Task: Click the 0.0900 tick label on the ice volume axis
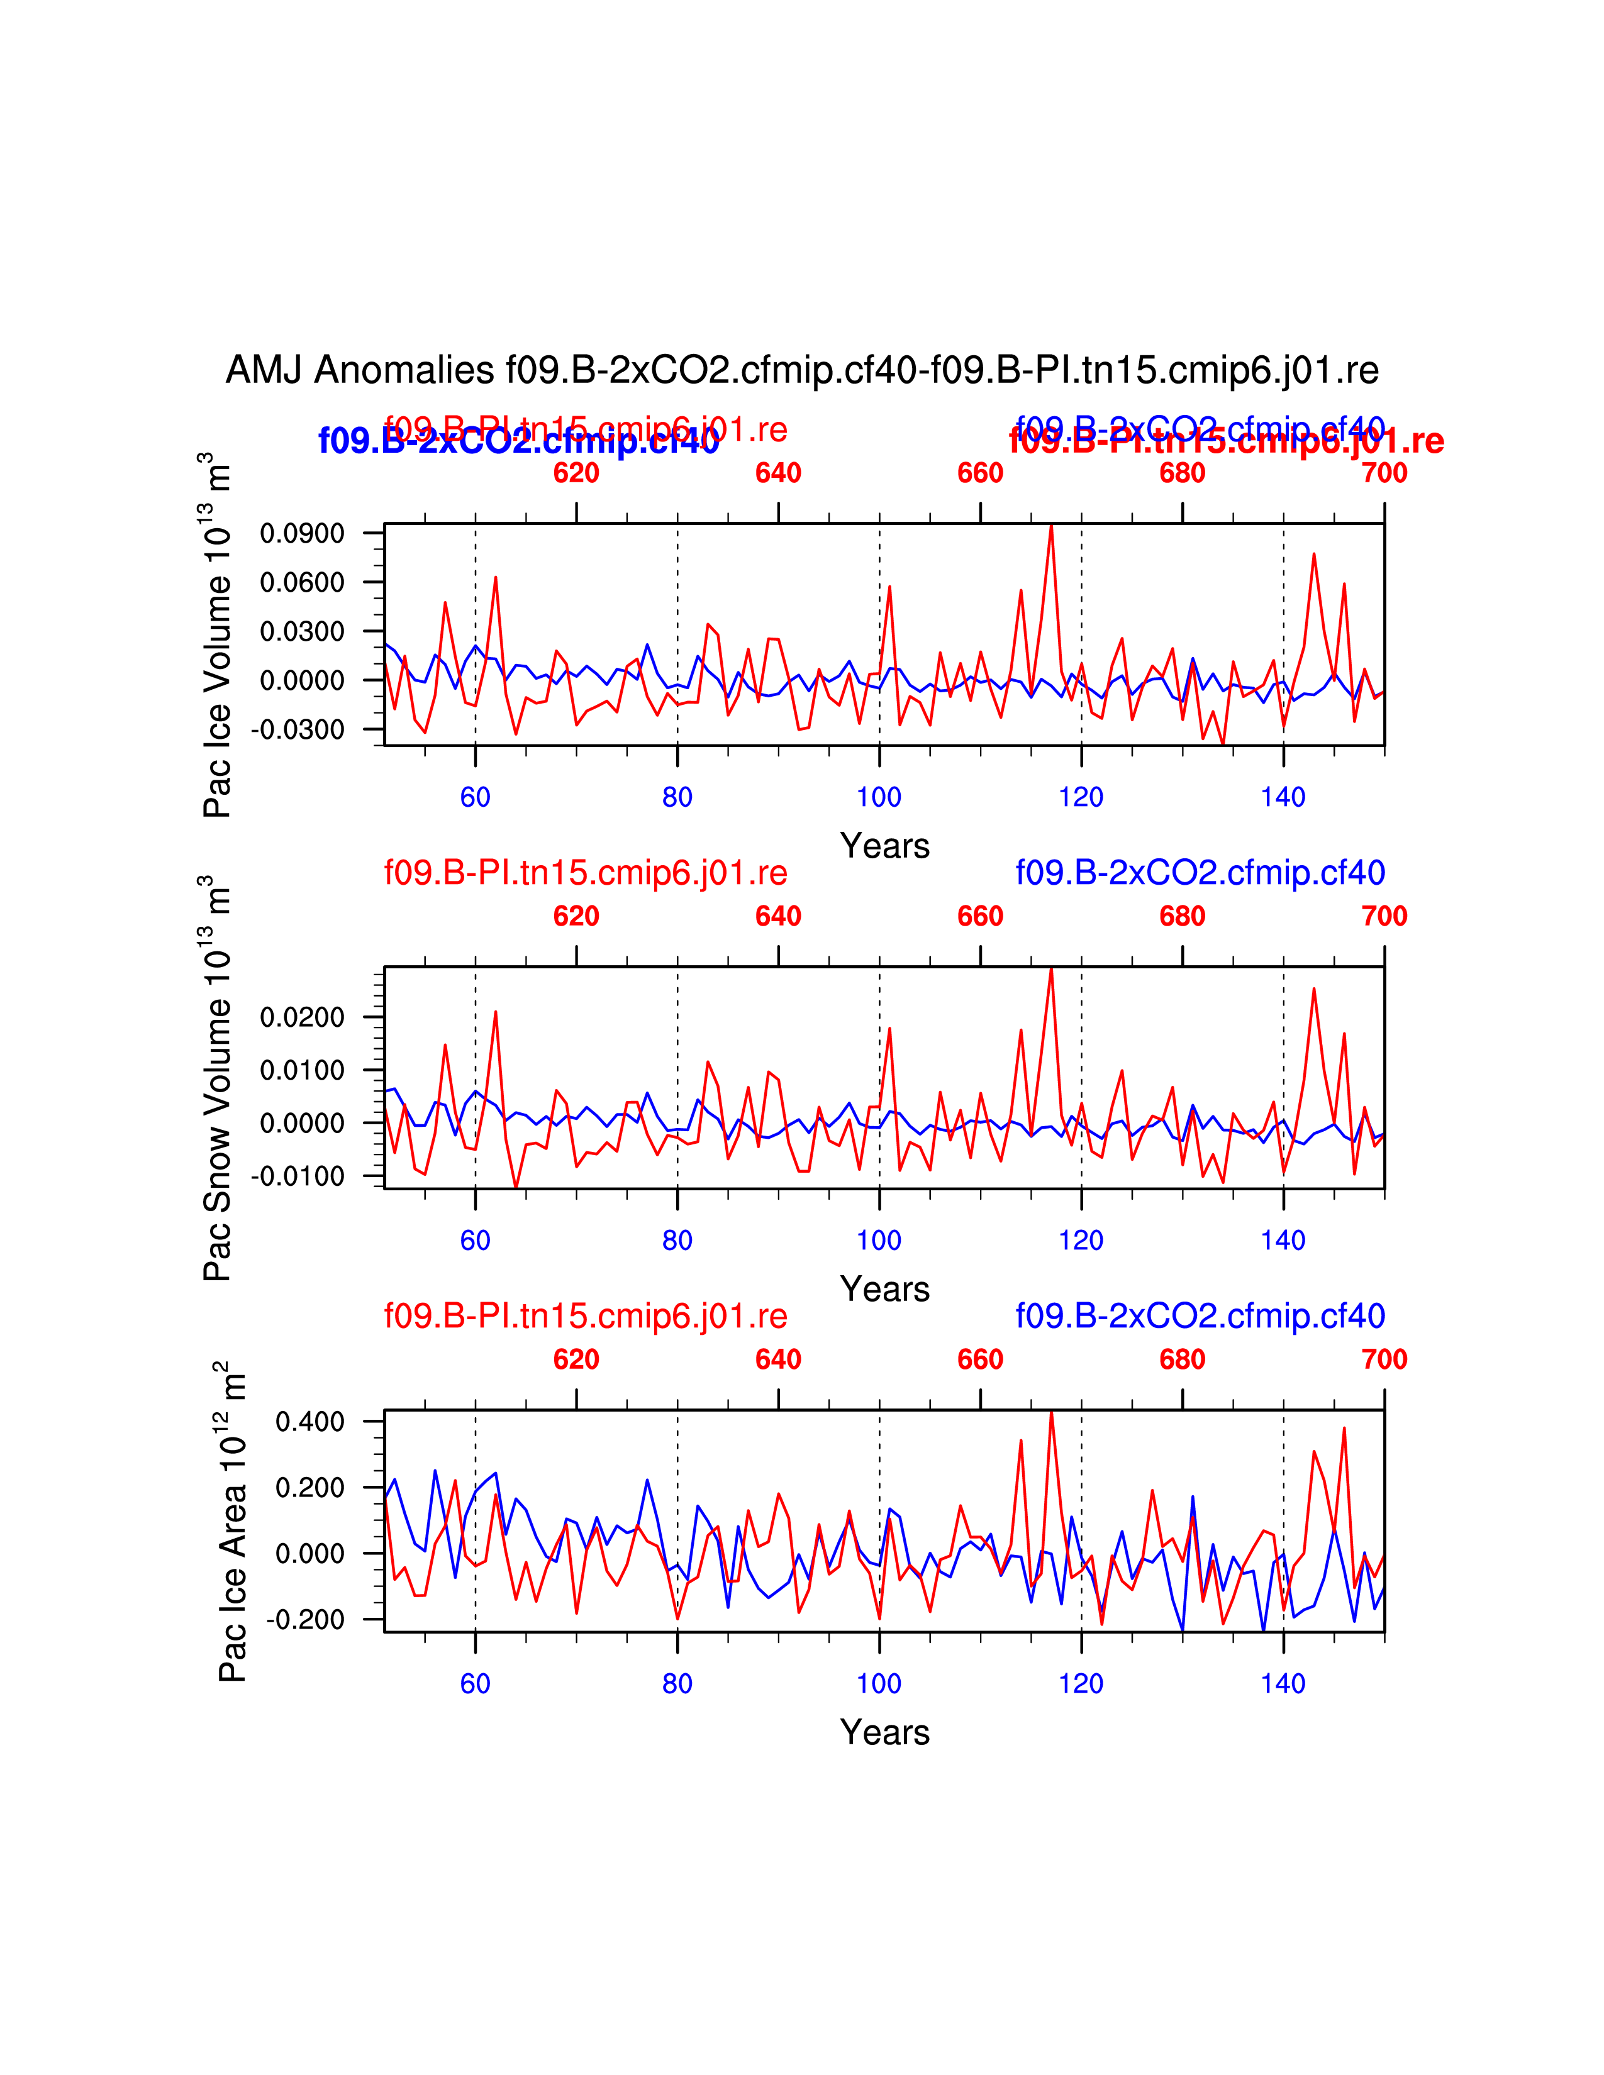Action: click(x=302, y=533)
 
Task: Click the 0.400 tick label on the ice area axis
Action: click(x=309, y=1422)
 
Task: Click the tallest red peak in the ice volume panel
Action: click(x=1051, y=526)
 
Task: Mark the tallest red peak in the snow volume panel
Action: click(x=1051, y=969)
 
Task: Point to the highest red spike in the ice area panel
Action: click(x=1051, y=1413)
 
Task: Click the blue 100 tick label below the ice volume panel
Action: click(x=879, y=797)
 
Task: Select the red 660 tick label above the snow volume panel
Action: click(x=979, y=916)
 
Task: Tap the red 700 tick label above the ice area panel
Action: click(x=1384, y=1359)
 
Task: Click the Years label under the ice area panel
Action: click(x=884, y=1732)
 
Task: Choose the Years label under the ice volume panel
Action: click(x=884, y=846)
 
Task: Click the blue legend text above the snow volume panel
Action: click(x=1200, y=872)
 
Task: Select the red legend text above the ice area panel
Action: click(x=586, y=1316)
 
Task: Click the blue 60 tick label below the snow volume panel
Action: click(x=475, y=1241)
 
